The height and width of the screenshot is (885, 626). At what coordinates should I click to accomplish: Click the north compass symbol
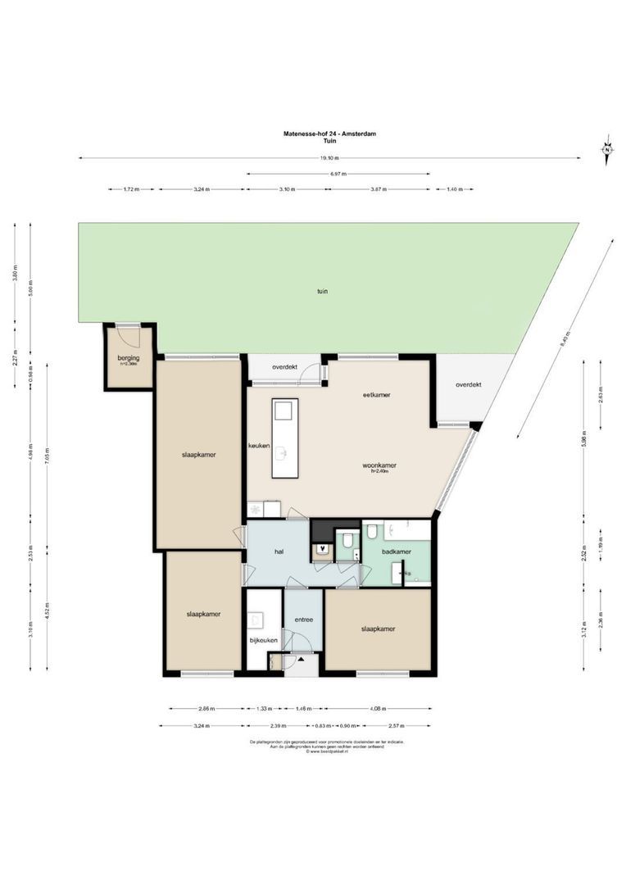click(607, 149)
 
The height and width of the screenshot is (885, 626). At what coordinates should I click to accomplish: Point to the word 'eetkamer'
click(376, 395)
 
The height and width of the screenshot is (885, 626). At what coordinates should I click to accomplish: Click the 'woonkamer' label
click(379, 465)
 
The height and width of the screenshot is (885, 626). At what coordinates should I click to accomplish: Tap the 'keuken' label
click(260, 445)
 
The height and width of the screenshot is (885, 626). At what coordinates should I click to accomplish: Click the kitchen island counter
click(285, 438)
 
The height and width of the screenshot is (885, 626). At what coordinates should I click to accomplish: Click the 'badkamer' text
click(397, 552)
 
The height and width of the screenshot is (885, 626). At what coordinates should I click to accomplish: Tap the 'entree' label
click(304, 620)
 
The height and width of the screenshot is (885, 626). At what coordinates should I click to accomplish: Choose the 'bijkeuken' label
click(264, 640)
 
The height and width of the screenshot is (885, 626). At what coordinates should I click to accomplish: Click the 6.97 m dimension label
click(338, 174)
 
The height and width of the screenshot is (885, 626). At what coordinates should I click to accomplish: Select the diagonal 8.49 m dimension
click(564, 338)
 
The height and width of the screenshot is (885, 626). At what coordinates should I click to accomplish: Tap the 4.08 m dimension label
click(378, 709)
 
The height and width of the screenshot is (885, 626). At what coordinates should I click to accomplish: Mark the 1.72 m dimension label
click(131, 189)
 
